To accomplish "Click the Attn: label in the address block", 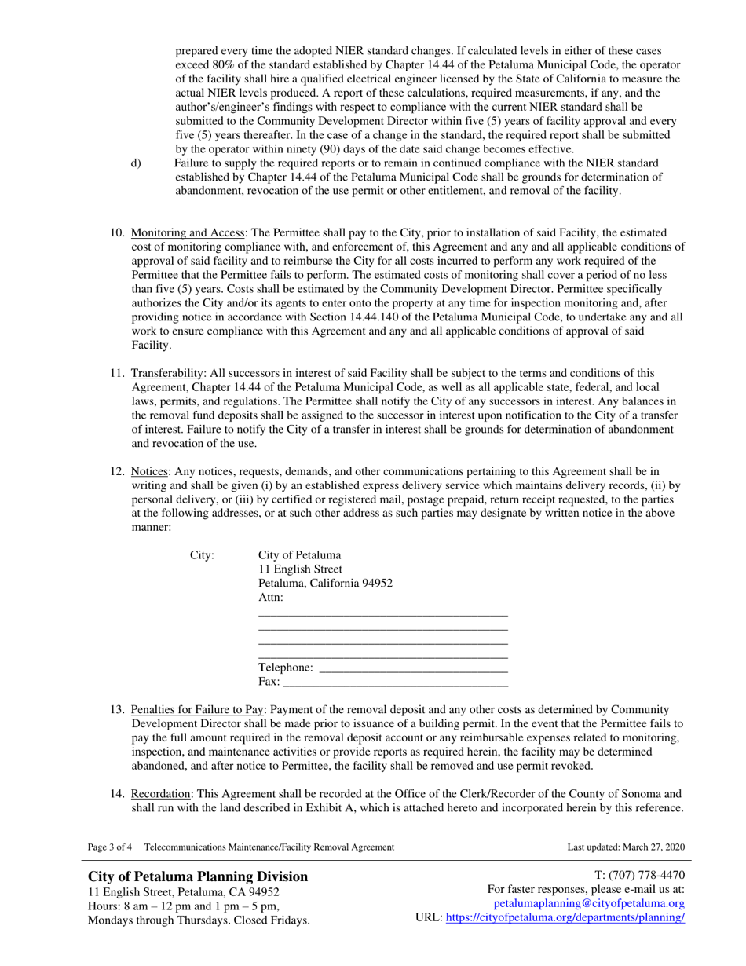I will tap(271, 598).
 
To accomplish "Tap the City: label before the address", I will tap(203, 555).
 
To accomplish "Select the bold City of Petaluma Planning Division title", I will tap(198, 876).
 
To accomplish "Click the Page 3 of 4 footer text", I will tap(110, 847).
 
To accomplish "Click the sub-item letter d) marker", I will tap(136, 163).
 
